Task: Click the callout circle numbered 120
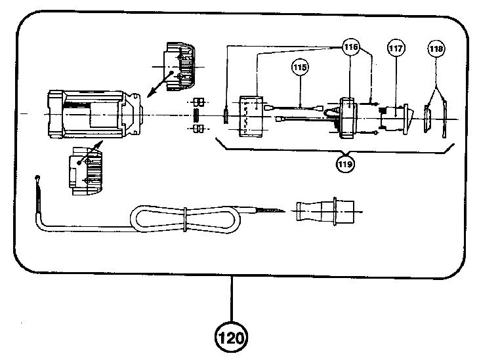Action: point(232,338)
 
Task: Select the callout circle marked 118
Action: point(436,49)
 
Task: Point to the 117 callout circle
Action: point(396,49)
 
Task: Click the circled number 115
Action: point(301,67)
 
